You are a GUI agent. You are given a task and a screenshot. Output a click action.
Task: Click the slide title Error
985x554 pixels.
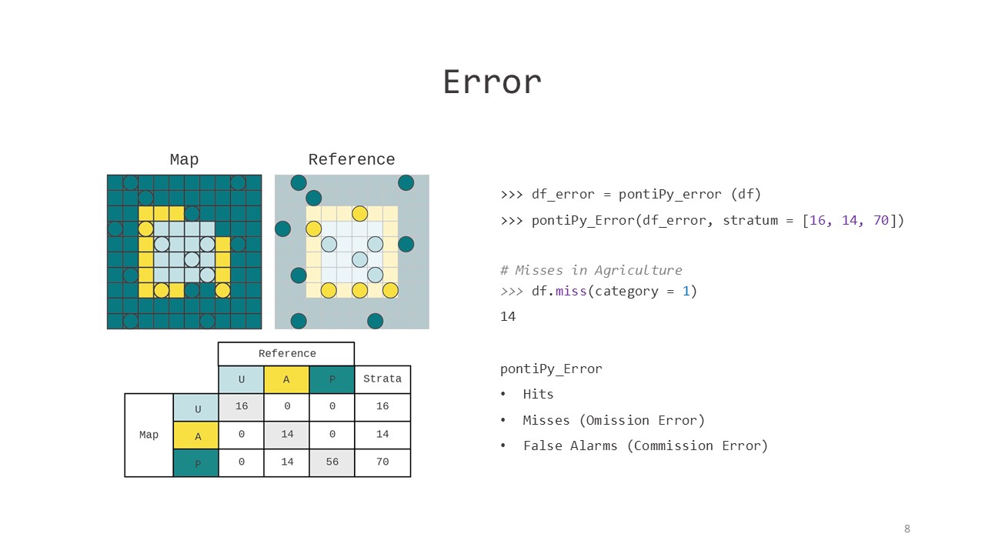coord(492,82)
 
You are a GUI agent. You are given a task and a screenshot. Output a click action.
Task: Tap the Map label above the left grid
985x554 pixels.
coord(184,159)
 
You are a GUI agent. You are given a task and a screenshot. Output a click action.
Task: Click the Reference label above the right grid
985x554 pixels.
coord(352,159)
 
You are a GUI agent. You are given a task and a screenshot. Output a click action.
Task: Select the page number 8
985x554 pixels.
coord(907,529)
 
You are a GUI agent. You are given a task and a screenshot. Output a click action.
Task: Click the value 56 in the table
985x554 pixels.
coord(332,462)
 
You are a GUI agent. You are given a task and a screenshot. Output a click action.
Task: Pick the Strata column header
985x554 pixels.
coord(382,379)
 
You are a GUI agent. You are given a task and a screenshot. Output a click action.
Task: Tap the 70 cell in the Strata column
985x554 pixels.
coord(382,462)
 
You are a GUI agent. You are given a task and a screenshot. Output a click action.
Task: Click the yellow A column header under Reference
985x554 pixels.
coord(286,379)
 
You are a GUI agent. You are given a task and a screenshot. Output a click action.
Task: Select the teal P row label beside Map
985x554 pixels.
coord(196,464)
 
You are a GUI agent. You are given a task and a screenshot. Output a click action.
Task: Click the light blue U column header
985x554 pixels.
coord(241,379)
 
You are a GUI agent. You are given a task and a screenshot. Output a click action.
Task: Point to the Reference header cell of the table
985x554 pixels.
coord(286,354)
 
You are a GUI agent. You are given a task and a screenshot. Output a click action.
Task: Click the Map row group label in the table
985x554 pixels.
coord(149,435)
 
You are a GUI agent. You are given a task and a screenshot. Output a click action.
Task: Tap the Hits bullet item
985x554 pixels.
coord(538,394)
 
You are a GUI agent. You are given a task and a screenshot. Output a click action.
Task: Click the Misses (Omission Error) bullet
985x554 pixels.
coord(613,420)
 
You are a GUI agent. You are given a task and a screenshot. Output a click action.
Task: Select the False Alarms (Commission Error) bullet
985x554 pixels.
coord(645,446)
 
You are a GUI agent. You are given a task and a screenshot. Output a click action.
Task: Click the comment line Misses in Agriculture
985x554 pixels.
coord(591,270)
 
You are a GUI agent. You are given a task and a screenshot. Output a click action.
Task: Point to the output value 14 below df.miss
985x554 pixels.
coord(508,316)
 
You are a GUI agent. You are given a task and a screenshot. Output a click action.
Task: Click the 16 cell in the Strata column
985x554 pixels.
coord(382,406)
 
